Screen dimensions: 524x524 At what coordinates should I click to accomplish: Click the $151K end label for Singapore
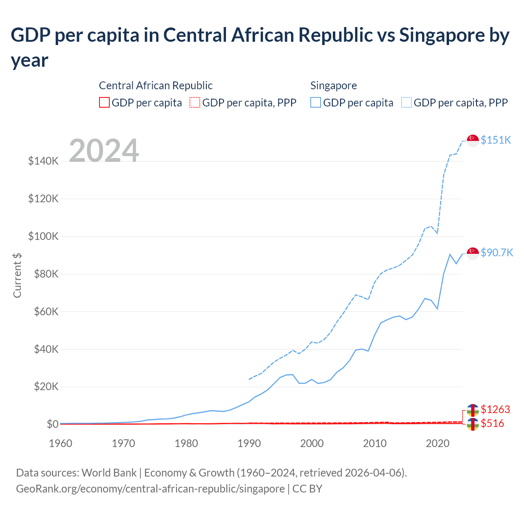pyautogui.click(x=496, y=140)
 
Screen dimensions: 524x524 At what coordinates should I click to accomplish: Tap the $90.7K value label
pyautogui.click(x=497, y=253)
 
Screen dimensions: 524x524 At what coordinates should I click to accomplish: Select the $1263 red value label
pyautogui.click(x=495, y=409)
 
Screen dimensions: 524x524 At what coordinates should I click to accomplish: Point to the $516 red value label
pyautogui.click(x=492, y=423)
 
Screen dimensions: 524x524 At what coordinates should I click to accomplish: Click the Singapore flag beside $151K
pyautogui.click(x=473, y=140)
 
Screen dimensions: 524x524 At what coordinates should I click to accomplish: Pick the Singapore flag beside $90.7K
pyautogui.click(x=473, y=253)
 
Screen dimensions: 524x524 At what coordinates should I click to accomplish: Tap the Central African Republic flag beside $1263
pyautogui.click(x=473, y=410)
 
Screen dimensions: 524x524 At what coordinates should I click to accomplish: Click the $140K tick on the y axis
pyautogui.click(x=43, y=161)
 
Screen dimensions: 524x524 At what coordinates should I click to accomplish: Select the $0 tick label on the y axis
pyautogui.click(x=52, y=424)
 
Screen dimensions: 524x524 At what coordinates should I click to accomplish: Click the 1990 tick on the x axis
pyautogui.click(x=249, y=443)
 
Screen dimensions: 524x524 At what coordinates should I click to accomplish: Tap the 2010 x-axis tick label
pyautogui.click(x=375, y=443)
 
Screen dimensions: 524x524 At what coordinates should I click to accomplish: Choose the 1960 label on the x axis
pyautogui.click(x=61, y=443)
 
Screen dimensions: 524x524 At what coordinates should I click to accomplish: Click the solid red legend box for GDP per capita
pyautogui.click(x=104, y=102)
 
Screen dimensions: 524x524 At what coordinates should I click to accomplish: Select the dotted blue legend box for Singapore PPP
pyautogui.click(x=407, y=102)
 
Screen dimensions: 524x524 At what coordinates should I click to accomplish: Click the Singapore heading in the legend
pyautogui.click(x=333, y=86)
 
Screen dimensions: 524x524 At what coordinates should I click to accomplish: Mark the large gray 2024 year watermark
pyautogui.click(x=104, y=151)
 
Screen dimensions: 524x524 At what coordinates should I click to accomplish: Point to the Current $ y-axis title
pyautogui.click(x=17, y=275)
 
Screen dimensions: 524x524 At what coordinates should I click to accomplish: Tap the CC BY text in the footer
pyautogui.click(x=307, y=489)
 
